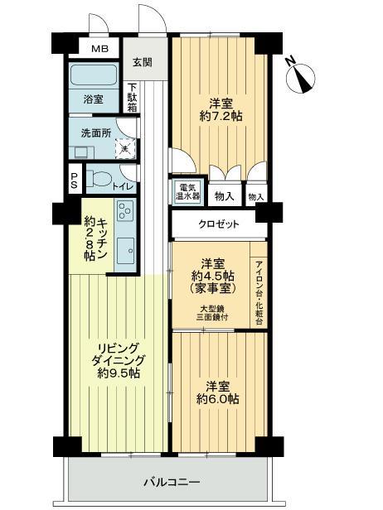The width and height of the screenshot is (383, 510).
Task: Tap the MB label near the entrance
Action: coord(99,49)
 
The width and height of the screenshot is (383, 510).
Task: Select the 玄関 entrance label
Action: coord(142,62)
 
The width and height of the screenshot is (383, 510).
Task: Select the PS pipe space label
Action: coord(75,180)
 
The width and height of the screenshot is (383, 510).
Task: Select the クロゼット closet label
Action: coord(219,224)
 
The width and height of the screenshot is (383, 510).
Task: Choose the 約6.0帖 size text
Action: coord(218,398)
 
